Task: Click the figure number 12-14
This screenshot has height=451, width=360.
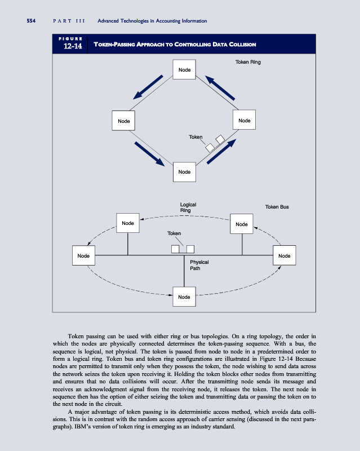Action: [72, 47]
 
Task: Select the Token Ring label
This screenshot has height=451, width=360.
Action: [247, 62]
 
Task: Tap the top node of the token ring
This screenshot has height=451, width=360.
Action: [184, 70]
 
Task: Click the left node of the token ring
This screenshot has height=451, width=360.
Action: [123, 121]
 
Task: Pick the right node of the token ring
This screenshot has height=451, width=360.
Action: [245, 120]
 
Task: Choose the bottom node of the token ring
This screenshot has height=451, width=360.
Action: [184, 171]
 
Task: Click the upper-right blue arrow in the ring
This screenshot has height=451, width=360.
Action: [220, 88]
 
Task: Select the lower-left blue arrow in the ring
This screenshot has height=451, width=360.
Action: [149, 154]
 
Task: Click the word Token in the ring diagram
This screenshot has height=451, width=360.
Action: [195, 137]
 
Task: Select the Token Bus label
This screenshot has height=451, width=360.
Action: [277, 207]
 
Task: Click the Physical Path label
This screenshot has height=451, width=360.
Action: [199, 265]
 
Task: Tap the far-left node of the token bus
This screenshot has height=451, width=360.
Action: [83, 256]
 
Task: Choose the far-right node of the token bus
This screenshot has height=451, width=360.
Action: [284, 256]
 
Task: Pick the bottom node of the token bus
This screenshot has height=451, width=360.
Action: [184, 297]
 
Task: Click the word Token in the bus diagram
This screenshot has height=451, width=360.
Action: [174, 233]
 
